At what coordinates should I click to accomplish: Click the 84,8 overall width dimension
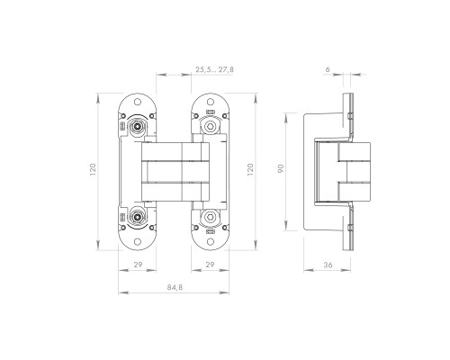pyautogui.click(x=175, y=287)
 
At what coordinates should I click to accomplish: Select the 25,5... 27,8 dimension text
pyautogui.click(x=214, y=69)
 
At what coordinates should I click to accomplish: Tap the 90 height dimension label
pyautogui.click(x=281, y=168)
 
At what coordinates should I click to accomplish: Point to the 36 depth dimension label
pyautogui.click(x=328, y=265)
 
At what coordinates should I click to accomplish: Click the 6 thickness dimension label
pyautogui.click(x=328, y=69)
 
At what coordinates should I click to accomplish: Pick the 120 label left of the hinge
pyautogui.click(x=93, y=169)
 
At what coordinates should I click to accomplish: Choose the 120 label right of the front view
pyautogui.click(x=250, y=169)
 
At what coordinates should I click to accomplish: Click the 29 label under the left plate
pyautogui.click(x=138, y=265)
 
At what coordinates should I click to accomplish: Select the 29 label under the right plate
pyautogui.click(x=210, y=265)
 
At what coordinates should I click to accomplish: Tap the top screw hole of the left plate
pyautogui.click(x=138, y=102)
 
